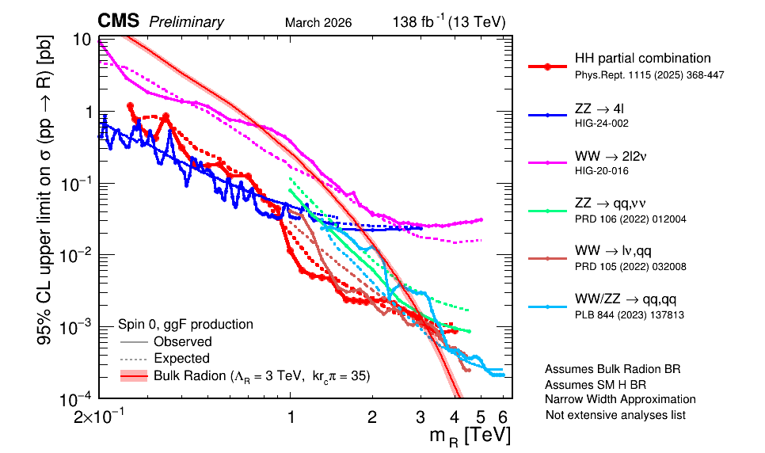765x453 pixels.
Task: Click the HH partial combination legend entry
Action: point(642,59)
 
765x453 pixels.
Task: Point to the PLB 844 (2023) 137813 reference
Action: point(628,315)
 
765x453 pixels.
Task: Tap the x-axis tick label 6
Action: point(501,417)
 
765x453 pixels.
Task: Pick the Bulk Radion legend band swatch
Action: point(134,375)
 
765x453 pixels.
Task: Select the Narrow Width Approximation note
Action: point(620,399)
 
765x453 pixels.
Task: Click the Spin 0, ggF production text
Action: point(185,324)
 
